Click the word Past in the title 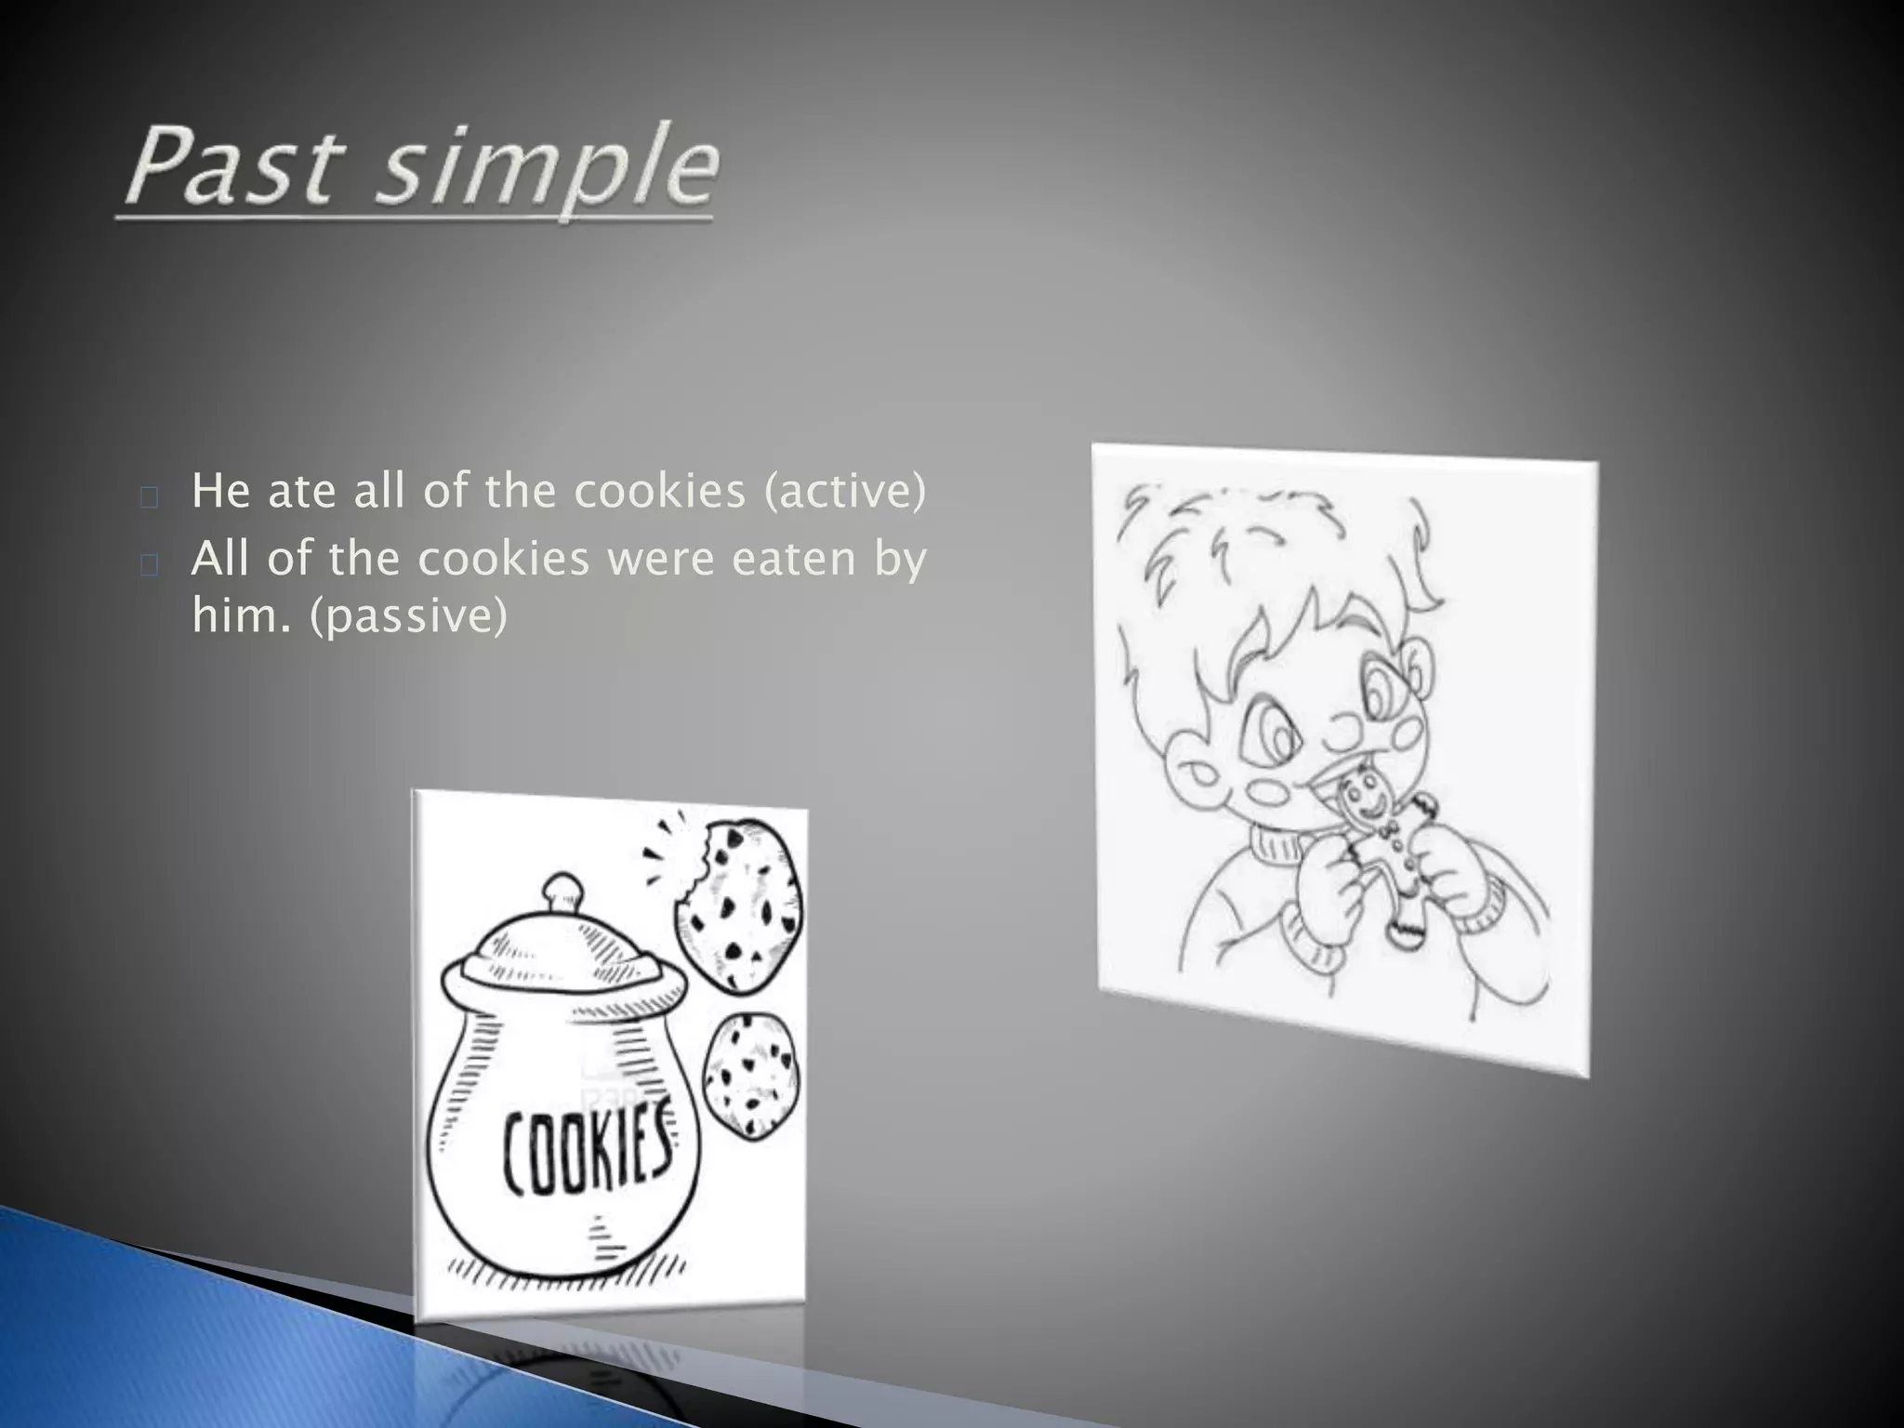click(228, 172)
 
